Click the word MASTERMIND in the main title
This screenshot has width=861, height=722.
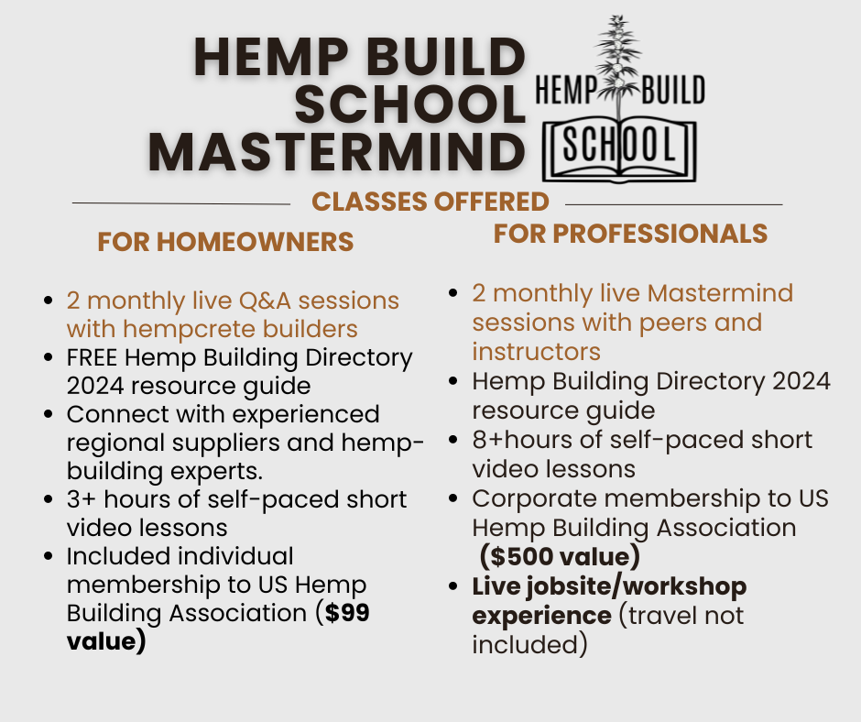[337, 151]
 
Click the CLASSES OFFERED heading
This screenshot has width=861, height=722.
[430, 202]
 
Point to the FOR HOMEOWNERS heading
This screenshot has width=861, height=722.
[225, 242]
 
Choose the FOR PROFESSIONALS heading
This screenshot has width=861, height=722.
[630, 234]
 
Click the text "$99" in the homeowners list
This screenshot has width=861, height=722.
[347, 614]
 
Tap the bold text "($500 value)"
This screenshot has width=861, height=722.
[559, 556]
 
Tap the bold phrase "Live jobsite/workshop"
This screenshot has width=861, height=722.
[609, 586]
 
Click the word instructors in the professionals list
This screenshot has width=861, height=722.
[536, 352]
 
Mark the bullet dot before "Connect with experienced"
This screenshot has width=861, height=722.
[48, 415]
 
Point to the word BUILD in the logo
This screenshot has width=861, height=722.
[671, 91]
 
